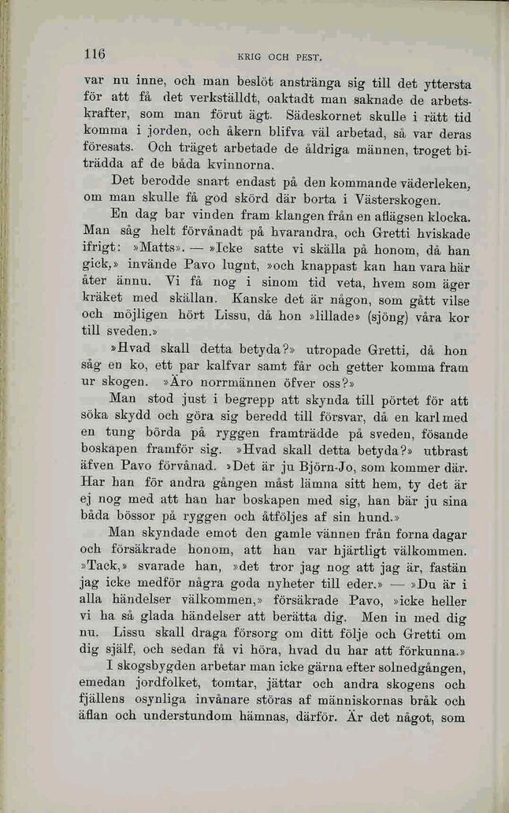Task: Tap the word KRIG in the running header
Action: coord(251,57)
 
